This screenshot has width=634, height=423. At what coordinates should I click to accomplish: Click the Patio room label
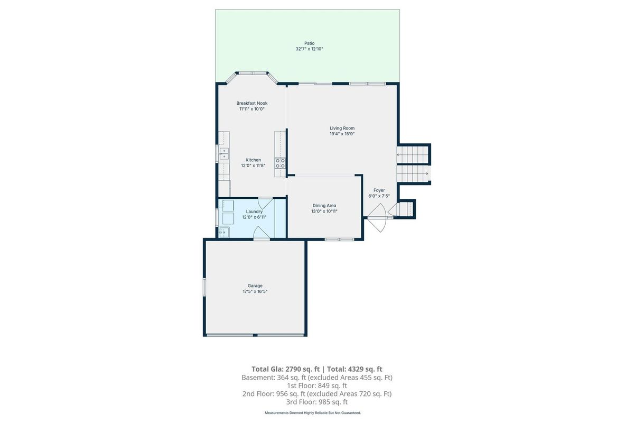coord(310,43)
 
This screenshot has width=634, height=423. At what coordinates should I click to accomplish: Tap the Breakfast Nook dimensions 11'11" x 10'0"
coord(252,109)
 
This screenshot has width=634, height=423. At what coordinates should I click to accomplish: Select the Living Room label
coord(342,128)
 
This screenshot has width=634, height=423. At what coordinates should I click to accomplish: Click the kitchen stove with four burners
coord(280,163)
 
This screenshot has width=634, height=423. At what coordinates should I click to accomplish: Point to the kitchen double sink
coord(224,153)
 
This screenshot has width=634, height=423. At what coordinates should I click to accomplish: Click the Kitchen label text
coord(253,160)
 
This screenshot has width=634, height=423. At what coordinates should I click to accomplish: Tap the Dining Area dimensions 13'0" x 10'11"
coord(324,211)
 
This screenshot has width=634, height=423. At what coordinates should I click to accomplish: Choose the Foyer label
coord(379,190)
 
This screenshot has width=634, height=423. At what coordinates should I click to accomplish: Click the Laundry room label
coord(254,212)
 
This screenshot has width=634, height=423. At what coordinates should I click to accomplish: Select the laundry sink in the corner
coord(223,232)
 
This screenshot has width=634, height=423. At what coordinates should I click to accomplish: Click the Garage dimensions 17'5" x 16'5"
coord(255,291)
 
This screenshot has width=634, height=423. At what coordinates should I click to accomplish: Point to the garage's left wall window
coord(204,287)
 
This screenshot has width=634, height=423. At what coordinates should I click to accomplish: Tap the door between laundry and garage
coord(261,234)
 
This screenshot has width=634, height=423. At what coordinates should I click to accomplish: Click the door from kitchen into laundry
coord(265,203)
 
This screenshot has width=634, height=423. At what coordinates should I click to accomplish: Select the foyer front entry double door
coord(377,218)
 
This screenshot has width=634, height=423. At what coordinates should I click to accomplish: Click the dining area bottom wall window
coord(339,240)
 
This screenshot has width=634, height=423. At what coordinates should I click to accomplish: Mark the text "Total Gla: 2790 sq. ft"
coord(285,369)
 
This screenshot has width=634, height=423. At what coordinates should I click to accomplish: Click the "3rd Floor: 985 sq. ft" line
coord(316,402)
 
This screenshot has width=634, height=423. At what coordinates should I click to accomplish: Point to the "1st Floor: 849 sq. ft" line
coord(316,385)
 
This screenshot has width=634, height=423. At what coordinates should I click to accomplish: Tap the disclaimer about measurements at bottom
coord(313,413)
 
